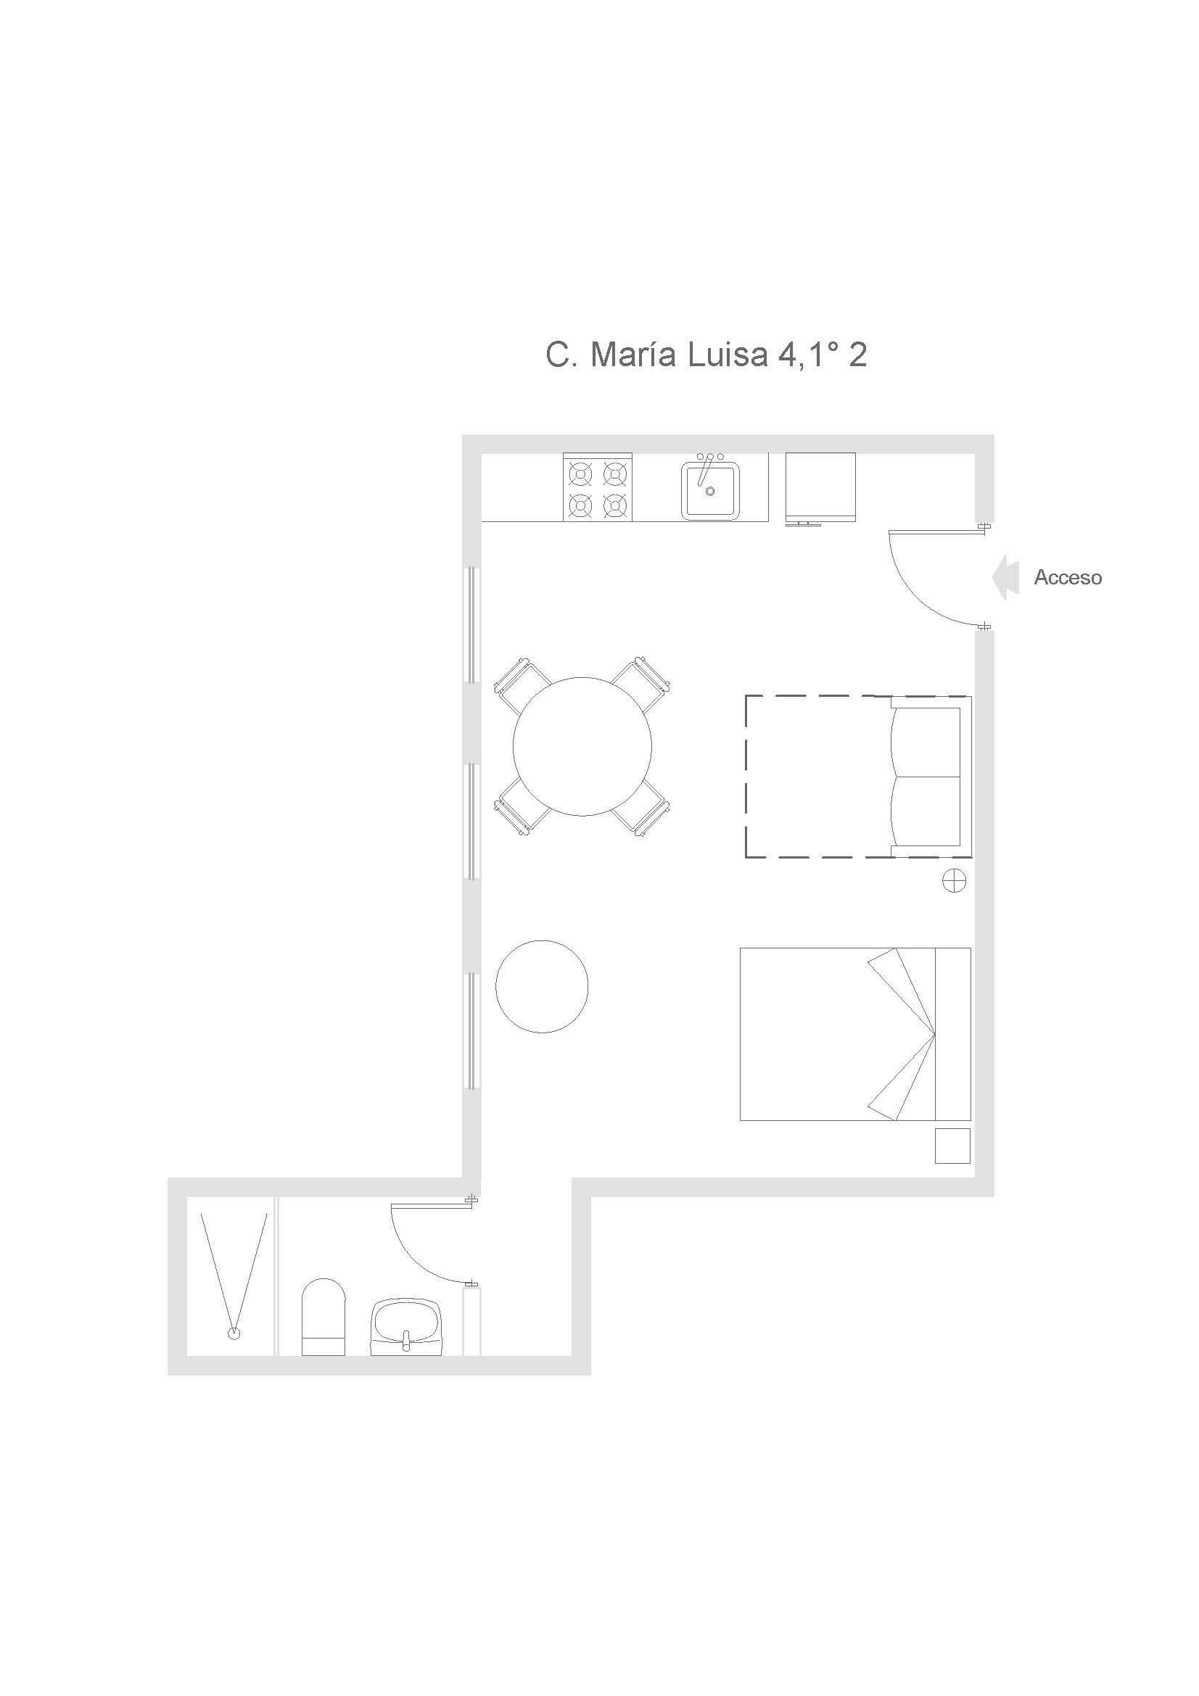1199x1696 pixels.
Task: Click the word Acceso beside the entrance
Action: (x=1068, y=578)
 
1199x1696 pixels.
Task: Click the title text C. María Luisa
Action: (x=656, y=355)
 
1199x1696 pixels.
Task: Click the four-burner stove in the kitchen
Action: (x=598, y=487)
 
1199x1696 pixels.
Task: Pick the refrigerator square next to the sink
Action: (x=820, y=487)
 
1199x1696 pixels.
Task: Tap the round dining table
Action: (x=582, y=746)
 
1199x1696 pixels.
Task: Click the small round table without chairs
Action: (x=542, y=986)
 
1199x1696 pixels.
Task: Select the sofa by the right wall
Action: (x=930, y=777)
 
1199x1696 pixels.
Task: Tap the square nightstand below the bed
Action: (x=953, y=1146)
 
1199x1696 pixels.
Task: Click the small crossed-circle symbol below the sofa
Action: (x=954, y=880)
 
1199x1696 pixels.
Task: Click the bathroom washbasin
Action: (x=405, y=1328)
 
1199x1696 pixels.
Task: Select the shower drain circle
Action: (x=234, y=1333)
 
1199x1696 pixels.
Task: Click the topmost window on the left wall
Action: (x=472, y=625)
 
